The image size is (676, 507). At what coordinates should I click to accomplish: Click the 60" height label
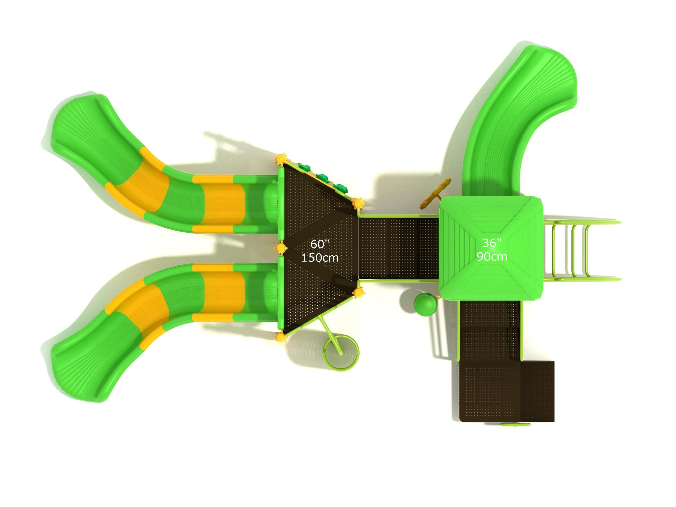[320, 244]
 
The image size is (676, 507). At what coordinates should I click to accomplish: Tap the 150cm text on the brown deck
[320, 258]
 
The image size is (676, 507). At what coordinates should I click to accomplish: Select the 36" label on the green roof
[492, 243]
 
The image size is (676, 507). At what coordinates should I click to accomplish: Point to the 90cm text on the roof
[492, 256]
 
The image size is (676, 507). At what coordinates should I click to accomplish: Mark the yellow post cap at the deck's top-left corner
[281, 159]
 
